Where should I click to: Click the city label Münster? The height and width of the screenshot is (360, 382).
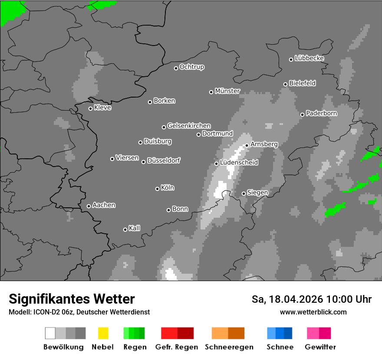pyautogui.click(x=227, y=91)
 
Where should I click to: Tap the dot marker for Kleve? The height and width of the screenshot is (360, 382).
pyautogui.click(x=90, y=108)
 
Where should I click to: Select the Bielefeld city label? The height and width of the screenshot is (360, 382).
pyautogui.click(x=302, y=83)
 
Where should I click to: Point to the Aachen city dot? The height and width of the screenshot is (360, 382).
pyautogui.click(x=89, y=206)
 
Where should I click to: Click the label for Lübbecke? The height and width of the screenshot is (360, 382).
pyautogui.click(x=309, y=58)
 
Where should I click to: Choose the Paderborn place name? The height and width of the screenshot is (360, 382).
pyautogui.click(x=321, y=114)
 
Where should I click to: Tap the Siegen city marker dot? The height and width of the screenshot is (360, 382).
pyautogui.click(x=244, y=193)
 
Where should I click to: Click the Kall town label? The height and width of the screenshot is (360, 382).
pyautogui.click(x=135, y=228)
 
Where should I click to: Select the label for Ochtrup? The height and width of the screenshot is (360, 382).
pyautogui.click(x=192, y=67)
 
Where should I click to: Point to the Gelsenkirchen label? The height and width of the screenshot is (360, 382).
pyautogui.click(x=189, y=126)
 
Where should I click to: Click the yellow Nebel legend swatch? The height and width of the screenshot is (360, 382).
pyautogui.click(x=103, y=333)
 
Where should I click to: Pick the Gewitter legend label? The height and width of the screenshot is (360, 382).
pyautogui.click(x=320, y=347)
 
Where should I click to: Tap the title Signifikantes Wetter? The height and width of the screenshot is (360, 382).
pyautogui.click(x=72, y=299)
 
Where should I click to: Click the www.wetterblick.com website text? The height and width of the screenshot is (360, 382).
pyautogui.click(x=313, y=312)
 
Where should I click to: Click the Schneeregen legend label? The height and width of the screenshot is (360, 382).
pyautogui.click(x=228, y=347)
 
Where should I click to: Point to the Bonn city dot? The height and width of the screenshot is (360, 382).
pyautogui.click(x=168, y=210)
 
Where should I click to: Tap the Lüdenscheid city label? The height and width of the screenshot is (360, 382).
pyautogui.click(x=239, y=163)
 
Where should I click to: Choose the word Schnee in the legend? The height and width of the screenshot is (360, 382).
pyautogui.click(x=280, y=347)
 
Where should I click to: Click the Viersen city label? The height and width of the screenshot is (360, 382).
pyautogui.click(x=127, y=158)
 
